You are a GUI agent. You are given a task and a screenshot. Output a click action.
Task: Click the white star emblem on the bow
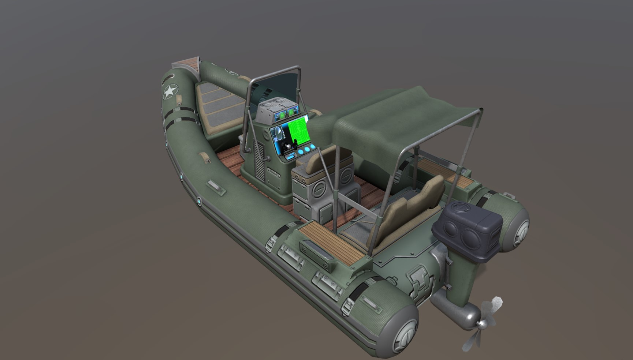(x=170, y=91)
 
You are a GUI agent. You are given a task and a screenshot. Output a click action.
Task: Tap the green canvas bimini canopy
(x=395, y=117)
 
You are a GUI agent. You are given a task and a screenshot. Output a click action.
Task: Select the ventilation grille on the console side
(x=259, y=161)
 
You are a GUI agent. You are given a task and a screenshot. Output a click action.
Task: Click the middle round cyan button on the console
(x=307, y=150)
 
